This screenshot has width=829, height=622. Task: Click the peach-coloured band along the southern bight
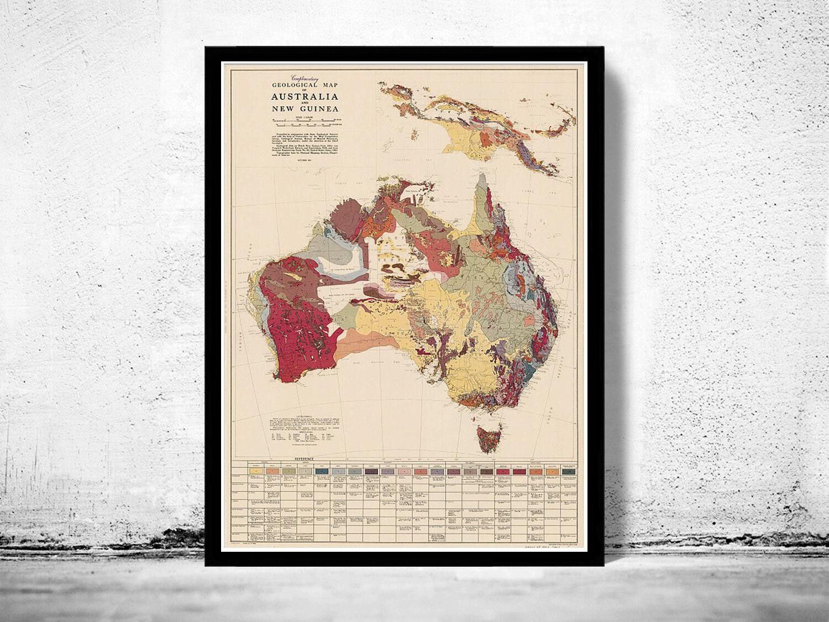pos(359,348)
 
